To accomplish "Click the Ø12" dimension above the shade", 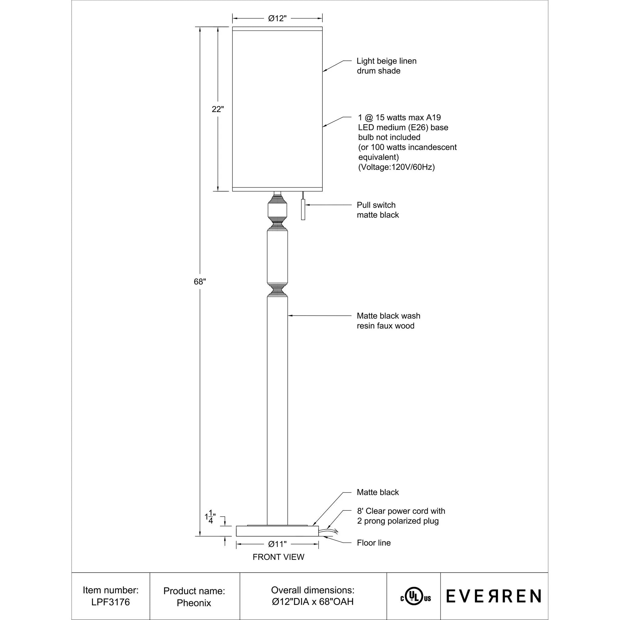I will pos(277,19).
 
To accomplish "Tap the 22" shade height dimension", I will pos(217,109).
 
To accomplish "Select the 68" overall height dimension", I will pos(199,281).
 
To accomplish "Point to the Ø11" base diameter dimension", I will pos(277,544).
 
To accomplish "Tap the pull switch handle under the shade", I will pos(303,209).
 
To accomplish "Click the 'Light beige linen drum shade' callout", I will pos(386,66).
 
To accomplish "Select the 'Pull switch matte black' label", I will pos(378,210).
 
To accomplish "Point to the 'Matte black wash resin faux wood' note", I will pos(388,321).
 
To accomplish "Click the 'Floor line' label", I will pos(374,543).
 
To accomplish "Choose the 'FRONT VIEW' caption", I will pos(278,557).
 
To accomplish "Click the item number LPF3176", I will pos(111,602).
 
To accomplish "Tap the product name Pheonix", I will pos(194,603).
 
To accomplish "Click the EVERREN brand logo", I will pos(494,596).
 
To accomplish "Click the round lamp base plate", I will pos(277,531).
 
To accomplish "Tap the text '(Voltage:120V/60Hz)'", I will pos(396,167).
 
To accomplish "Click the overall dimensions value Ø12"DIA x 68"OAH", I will pos(312,602).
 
